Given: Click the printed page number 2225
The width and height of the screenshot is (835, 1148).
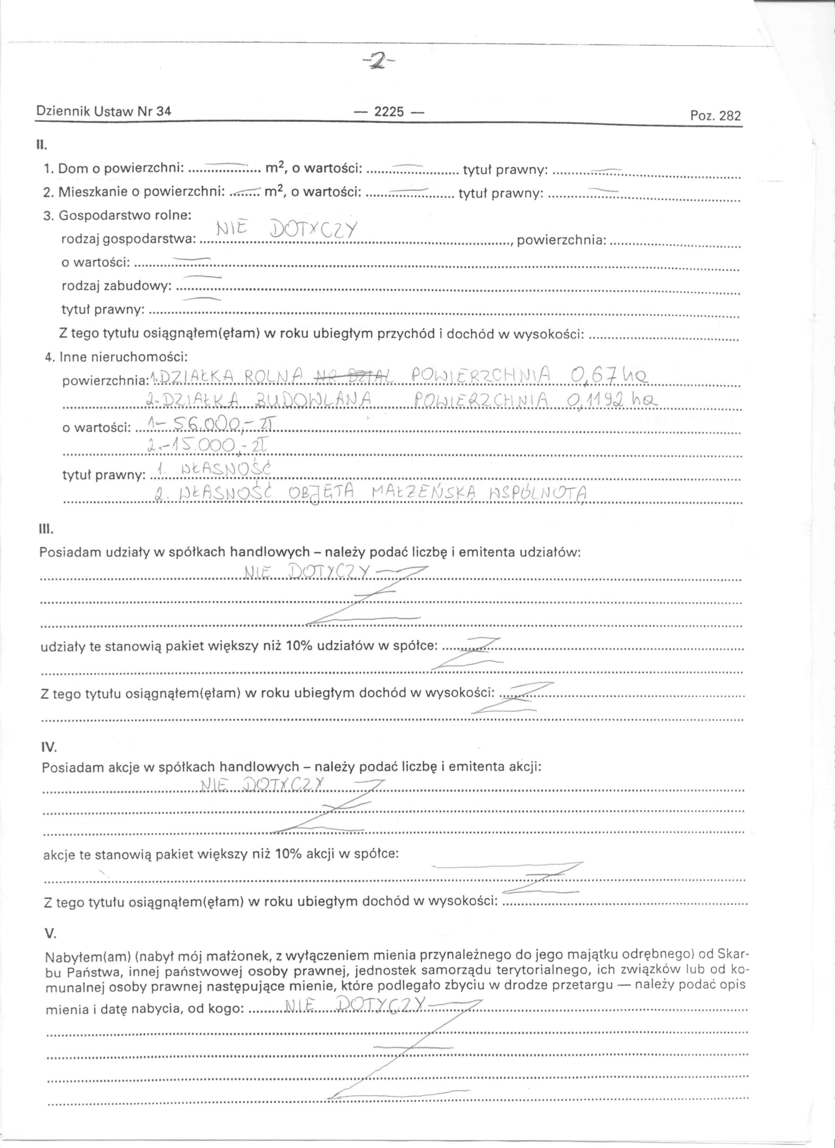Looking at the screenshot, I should pyautogui.click(x=389, y=111).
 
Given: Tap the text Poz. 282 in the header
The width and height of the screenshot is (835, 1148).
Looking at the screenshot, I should pyautogui.click(x=715, y=116).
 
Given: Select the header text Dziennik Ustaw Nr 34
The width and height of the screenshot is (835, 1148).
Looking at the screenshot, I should pyautogui.click(x=104, y=111).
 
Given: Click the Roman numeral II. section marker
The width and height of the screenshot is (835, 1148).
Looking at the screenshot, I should pyautogui.click(x=41, y=145).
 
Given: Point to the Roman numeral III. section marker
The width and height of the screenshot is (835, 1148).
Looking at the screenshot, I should pyautogui.click(x=45, y=530).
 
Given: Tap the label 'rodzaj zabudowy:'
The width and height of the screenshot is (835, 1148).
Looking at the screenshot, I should pyautogui.click(x=117, y=286).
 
